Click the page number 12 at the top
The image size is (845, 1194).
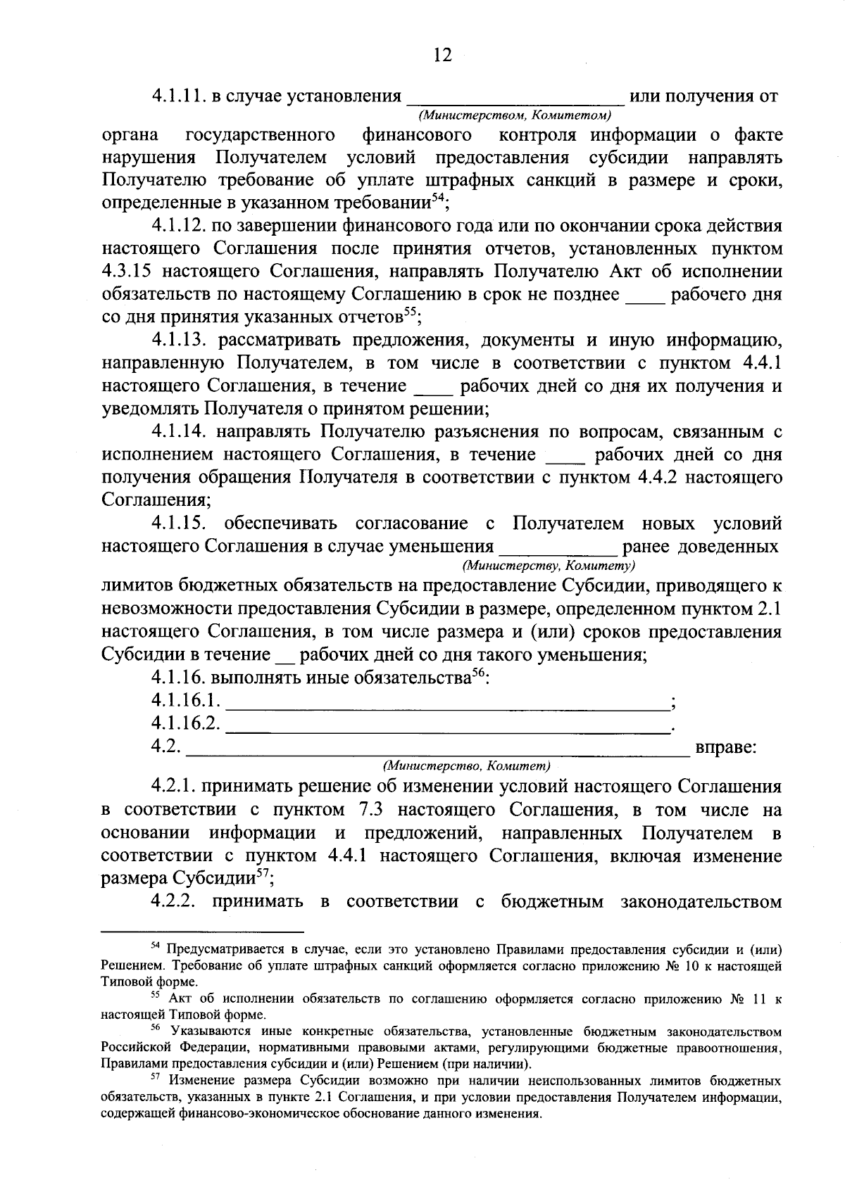[442, 55]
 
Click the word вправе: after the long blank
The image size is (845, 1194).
[726, 747]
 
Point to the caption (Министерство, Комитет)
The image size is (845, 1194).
[465, 765]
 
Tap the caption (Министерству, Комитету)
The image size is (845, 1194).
[549, 565]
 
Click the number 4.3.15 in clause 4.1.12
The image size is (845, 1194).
[127, 272]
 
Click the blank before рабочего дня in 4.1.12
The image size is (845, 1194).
[645, 295]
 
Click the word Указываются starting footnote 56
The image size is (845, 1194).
[203, 1031]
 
